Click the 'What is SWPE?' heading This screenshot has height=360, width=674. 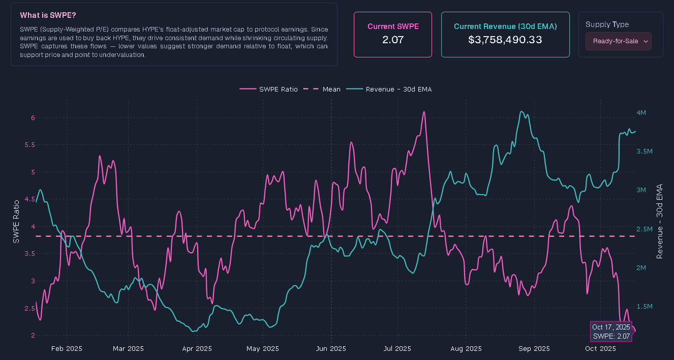48,15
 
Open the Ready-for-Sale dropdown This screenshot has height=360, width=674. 618,41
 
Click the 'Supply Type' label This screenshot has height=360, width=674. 607,24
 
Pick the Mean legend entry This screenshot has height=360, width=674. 324,89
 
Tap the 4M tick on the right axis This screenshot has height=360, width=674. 641,113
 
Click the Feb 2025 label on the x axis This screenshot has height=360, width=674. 66,348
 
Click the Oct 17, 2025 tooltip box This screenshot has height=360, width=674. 611,331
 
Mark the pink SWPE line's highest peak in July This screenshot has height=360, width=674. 424,112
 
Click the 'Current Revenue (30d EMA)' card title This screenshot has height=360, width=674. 505,26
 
